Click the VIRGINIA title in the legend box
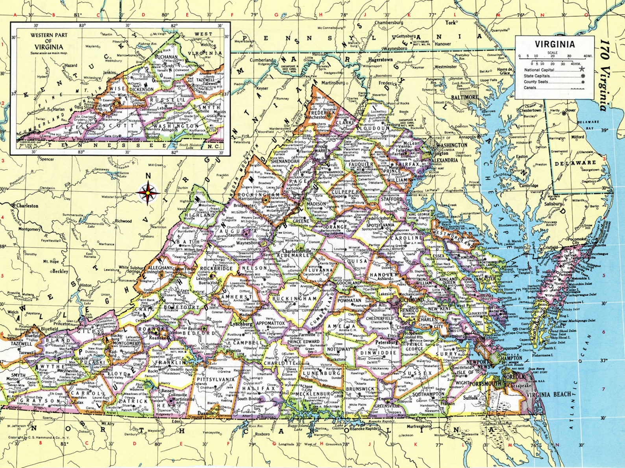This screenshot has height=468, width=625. [x=555, y=44]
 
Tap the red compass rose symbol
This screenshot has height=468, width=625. [x=148, y=193]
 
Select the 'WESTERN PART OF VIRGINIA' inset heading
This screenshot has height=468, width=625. [x=49, y=41]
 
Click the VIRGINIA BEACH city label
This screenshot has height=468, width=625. [x=548, y=394]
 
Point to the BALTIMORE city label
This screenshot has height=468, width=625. [x=464, y=97]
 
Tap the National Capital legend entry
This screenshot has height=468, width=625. [x=539, y=70]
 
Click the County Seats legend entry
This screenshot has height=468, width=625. [x=536, y=82]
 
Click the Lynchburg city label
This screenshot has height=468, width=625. [x=241, y=324]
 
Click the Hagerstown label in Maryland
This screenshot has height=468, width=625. [x=380, y=60]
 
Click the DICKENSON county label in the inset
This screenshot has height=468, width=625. [x=141, y=89]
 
